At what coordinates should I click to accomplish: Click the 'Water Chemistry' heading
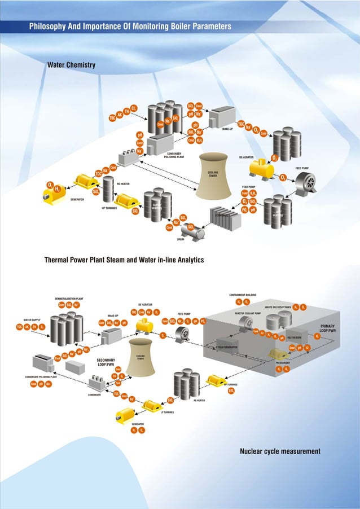71,65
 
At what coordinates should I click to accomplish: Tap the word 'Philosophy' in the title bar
49,27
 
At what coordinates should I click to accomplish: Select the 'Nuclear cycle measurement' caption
280,451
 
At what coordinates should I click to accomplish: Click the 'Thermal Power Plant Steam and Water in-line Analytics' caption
124,260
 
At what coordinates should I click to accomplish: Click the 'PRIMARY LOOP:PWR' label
328,328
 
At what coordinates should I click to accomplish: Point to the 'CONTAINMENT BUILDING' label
243,295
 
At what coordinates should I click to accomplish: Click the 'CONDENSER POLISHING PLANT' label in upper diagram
175,156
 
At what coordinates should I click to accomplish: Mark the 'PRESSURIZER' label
279,363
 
